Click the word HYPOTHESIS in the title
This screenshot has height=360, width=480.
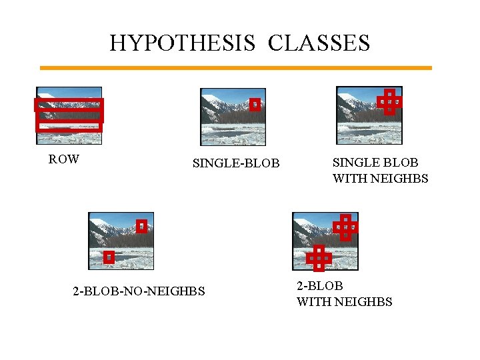183,43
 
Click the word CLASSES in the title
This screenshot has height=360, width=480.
319,43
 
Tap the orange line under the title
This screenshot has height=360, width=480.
235,67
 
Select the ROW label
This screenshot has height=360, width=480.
64,159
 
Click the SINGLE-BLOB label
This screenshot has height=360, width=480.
236,163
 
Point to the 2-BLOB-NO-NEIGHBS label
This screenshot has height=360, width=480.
139,291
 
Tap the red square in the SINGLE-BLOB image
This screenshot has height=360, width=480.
255,104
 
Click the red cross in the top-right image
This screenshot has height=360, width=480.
389,101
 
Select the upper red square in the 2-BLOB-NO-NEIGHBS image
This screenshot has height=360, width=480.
141,226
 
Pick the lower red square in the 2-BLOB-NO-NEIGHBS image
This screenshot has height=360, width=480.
109,257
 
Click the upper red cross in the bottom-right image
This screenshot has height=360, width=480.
345,227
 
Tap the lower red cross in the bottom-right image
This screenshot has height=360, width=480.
319,257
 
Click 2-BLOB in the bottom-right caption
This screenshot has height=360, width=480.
320,286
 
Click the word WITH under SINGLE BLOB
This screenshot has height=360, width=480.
348,179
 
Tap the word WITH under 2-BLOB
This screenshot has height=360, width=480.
312,302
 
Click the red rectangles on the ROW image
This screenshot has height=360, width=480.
69,114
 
